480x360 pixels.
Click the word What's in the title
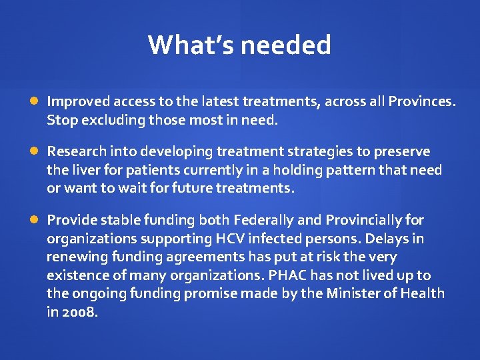click(191, 45)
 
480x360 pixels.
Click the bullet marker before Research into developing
click(34, 151)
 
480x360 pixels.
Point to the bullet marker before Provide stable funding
click(34, 220)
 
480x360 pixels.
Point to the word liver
click(83, 170)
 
